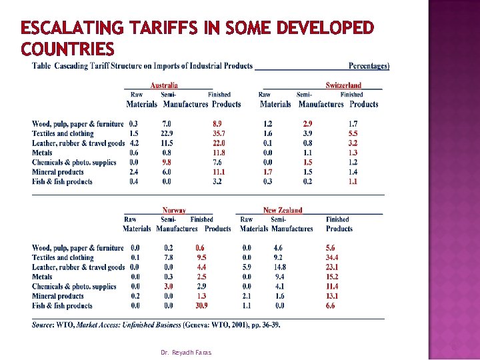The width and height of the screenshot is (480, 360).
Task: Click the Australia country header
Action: pyautogui.click(x=164, y=85)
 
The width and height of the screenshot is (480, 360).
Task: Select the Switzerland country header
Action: pyautogui.click(x=343, y=85)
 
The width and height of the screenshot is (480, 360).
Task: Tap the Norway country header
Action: pyautogui.click(x=174, y=211)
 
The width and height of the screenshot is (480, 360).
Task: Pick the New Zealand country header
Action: pyautogui.click(x=283, y=211)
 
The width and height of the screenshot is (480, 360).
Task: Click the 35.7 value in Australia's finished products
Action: pyautogui.click(x=219, y=133)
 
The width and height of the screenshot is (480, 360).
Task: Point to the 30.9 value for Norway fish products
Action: pyautogui.click(x=201, y=305)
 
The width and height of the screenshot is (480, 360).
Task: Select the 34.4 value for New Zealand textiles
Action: pyautogui.click(x=332, y=257)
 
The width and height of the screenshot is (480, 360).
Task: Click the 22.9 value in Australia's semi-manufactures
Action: pyautogui.click(x=167, y=133)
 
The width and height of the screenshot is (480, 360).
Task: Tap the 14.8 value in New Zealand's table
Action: pyautogui.click(x=280, y=267)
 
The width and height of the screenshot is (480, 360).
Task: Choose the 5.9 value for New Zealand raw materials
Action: pyautogui.click(x=247, y=267)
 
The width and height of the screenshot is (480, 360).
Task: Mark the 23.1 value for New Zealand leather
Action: pyautogui.click(x=332, y=267)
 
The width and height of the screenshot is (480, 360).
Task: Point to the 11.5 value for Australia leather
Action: pyautogui.click(x=167, y=143)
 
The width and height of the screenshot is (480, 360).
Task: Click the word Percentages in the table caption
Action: pyautogui.click(x=369, y=66)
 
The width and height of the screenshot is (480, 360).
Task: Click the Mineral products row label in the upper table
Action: pyautogui.click(x=58, y=172)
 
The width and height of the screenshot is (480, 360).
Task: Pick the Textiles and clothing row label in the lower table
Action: pyautogui.click(x=63, y=257)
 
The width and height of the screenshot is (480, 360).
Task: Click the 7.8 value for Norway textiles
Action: pyautogui.click(x=169, y=257)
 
